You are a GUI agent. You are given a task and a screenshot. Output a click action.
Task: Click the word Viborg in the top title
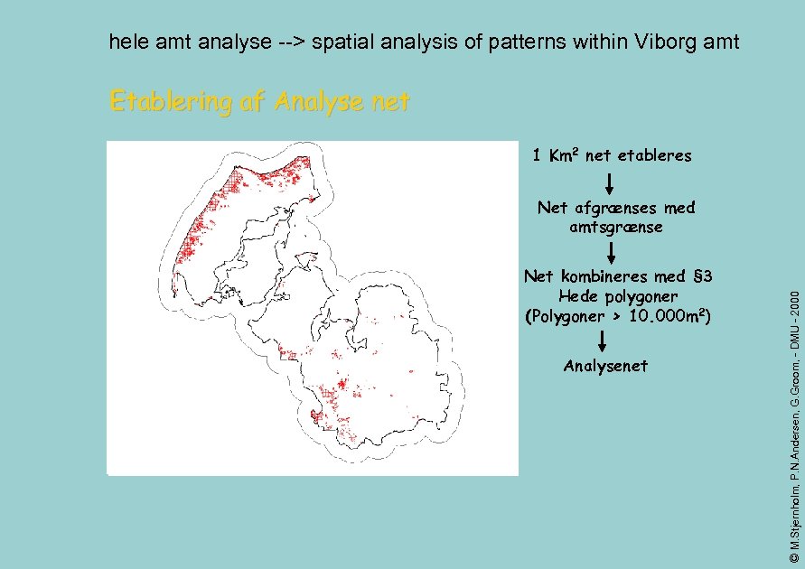pos(665,42)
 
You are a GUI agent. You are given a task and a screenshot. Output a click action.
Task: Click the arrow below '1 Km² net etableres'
pos(611,183)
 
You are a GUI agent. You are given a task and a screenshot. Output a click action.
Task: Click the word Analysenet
pos(604,366)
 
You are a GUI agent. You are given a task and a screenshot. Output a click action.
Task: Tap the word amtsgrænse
pos(615,227)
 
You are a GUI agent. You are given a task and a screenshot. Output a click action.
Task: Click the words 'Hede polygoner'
pos(617,296)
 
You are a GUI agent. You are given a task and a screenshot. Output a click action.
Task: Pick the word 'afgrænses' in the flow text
pos(616,208)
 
